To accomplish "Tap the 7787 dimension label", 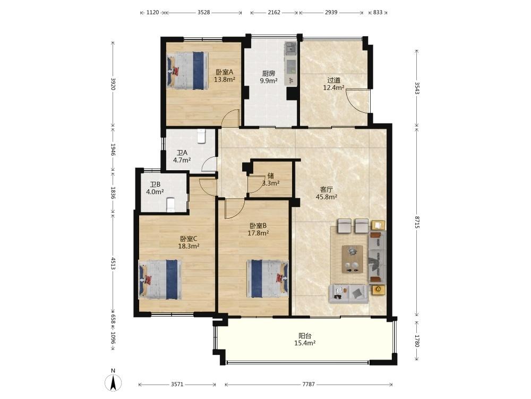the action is coord(309,384).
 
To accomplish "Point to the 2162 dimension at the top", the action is coord(274,13).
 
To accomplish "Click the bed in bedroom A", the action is coord(187,71).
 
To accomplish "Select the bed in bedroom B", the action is coord(268,279).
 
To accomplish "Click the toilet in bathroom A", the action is coord(202,136).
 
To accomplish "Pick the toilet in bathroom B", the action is coord(170,205).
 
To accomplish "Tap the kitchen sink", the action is coord(290,49).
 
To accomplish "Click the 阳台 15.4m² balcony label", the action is coord(305,339).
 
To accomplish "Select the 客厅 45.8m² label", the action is coord(326,193).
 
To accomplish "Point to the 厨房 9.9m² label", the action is coord(269,77).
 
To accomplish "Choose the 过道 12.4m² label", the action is coord(333,84).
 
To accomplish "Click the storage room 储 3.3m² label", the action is coord(271,179).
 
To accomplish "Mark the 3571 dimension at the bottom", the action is coord(177,384).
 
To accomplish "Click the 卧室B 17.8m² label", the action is coord(258,229).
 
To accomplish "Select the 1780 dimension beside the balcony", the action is coord(417,340).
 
